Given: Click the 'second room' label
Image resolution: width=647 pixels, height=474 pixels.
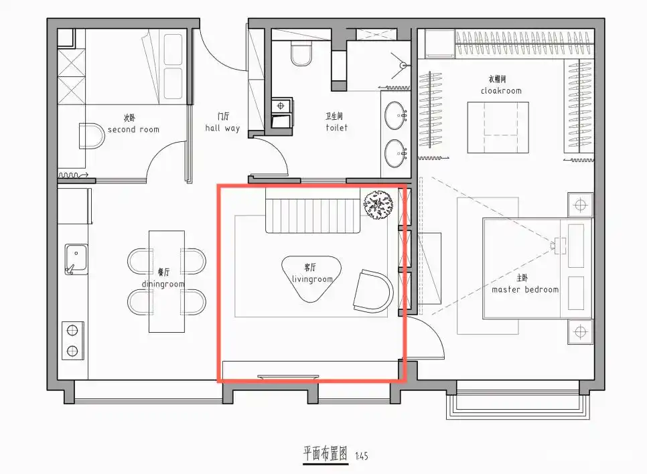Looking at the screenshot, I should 133,129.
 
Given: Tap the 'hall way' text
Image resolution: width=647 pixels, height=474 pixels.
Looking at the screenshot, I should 222,128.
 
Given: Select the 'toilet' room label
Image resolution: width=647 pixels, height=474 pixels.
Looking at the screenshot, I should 337,127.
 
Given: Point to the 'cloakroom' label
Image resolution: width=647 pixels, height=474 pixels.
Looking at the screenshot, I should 500,90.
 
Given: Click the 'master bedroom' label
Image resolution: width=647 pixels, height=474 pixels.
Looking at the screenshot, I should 524,289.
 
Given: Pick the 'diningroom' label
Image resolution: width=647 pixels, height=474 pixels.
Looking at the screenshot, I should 163,283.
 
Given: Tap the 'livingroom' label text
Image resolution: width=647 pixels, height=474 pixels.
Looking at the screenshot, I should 312,279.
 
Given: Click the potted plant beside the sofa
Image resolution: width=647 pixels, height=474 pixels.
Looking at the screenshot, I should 378,204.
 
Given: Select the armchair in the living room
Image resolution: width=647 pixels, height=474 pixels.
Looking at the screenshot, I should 372,291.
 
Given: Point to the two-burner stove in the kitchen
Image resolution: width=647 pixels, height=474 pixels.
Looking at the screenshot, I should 73,339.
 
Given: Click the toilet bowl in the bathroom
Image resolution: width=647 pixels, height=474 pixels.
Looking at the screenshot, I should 301,54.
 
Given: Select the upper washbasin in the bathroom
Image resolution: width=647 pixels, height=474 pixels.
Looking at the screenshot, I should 395,114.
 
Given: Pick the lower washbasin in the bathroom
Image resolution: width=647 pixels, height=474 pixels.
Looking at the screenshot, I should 395,153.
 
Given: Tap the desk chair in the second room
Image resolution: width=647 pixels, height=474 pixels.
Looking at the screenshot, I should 92,135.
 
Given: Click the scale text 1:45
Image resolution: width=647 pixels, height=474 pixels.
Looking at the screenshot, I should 361,457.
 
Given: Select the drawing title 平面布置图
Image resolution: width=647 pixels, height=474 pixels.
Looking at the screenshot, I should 325,454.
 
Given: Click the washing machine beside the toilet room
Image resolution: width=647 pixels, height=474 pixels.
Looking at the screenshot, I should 282,111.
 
